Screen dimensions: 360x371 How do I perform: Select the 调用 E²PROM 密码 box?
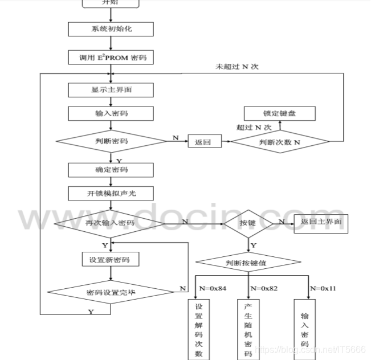111,58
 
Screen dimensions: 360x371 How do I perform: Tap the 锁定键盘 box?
280,114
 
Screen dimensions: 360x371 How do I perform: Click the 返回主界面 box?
321,223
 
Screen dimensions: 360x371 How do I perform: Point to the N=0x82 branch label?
264,289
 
